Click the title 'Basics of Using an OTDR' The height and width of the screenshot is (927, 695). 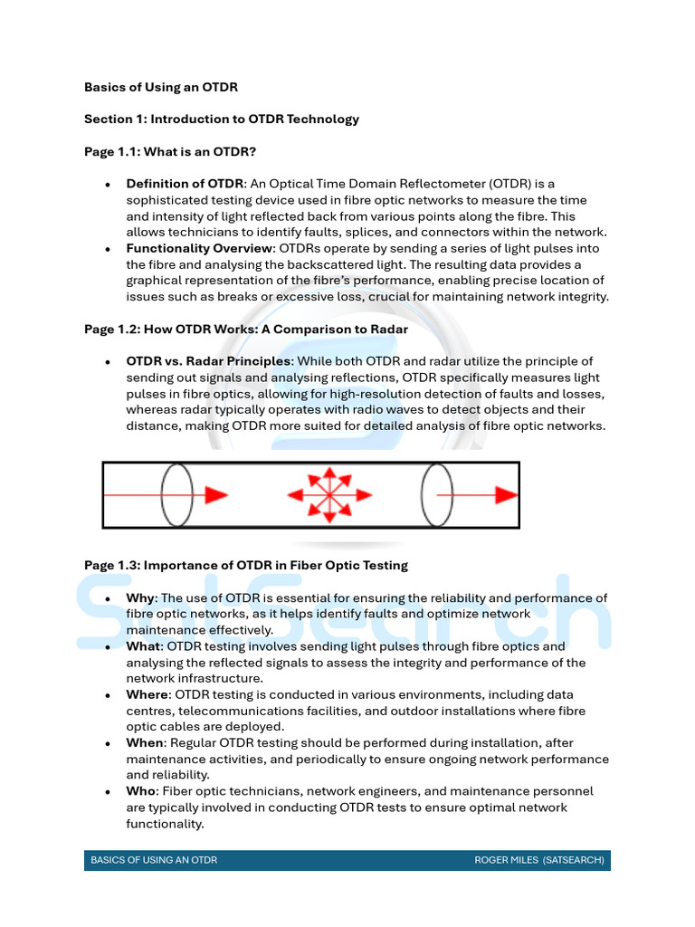160,88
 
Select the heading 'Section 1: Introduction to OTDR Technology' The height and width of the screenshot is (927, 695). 222,119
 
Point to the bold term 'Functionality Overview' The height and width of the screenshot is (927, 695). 199,248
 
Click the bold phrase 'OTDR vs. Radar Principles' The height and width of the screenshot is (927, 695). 208,361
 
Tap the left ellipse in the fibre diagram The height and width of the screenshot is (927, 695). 177,495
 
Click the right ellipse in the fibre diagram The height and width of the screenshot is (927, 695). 436,495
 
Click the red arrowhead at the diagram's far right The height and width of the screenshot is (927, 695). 506,495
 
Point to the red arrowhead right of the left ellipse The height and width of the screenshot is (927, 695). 215,495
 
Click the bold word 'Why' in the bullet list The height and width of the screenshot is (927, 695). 140,598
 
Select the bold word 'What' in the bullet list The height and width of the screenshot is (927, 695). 143,646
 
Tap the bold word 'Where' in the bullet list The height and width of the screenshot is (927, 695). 147,694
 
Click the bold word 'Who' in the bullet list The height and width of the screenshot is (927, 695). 140,791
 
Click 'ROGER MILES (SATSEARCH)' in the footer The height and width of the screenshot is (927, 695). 538,860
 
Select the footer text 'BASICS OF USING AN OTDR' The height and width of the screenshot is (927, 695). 154,860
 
